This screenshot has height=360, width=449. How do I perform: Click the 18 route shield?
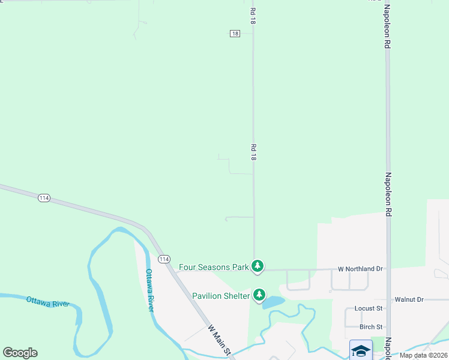(x=235, y=34)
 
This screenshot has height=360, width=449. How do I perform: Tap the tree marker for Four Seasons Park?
(x=258, y=266)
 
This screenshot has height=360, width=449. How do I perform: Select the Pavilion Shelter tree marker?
(x=259, y=295)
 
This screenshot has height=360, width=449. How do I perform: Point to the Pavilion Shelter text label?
(x=221, y=296)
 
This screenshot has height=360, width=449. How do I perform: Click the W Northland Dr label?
(x=360, y=269)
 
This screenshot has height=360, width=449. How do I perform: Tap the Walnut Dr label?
(x=409, y=299)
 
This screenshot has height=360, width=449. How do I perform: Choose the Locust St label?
(x=369, y=308)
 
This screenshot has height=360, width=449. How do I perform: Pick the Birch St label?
(x=371, y=327)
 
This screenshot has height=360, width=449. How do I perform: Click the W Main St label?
(x=220, y=340)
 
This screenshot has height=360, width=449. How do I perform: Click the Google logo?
(x=20, y=353)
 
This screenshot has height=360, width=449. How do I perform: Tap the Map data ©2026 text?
(x=423, y=355)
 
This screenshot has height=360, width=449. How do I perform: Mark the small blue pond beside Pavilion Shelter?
(x=274, y=301)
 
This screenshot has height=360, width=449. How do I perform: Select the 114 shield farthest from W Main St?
(x=44, y=197)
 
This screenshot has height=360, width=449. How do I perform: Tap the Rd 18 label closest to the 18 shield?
(x=253, y=16)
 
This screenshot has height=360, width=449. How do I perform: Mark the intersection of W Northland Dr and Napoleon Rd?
(x=388, y=269)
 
